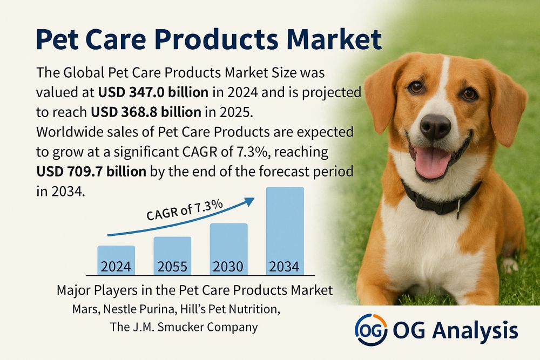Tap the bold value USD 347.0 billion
[x=153, y=92]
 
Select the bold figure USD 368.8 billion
[x=146, y=112]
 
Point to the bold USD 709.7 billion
[x=91, y=172]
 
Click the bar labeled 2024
[x=116, y=260]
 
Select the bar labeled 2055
[x=172, y=256]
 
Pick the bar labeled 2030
[x=228, y=249]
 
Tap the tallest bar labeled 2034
[x=285, y=231]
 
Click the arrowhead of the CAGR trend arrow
[x=249, y=201]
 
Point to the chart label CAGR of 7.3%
[x=185, y=210]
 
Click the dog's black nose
[x=435, y=126]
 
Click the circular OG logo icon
[x=371, y=329]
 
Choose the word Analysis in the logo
[x=475, y=331]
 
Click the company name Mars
[x=86, y=309]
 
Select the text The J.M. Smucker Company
[x=184, y=327]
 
